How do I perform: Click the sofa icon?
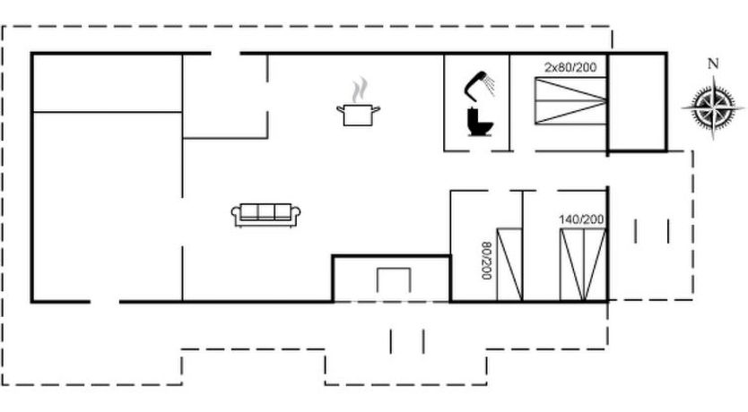(x=265, y=215)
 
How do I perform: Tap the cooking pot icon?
(x=358, y=116)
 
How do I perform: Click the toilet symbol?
(x=480, y=123)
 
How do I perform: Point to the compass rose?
(x=713, y=107)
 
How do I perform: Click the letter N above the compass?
(x=713, y=64)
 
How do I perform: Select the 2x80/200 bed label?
(x=570, y=68)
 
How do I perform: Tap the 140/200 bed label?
(x=581, y=219)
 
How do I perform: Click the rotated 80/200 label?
(x=486, y=261)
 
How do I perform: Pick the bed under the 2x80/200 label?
(x=570, y=101)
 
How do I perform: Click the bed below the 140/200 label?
(x=583, y=265)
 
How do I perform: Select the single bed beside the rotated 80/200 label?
(x=509, y=265)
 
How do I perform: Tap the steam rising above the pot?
(x=361, y=90)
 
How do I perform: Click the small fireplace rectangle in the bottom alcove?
(x=394, y=280)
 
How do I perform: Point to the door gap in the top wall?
(x=226, y=54)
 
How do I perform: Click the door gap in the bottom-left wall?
(x=104, y=302)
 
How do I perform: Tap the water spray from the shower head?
(x=489, y=84)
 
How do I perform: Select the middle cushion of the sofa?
(x=265, y=212)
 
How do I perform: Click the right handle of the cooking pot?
(x=376, y=109)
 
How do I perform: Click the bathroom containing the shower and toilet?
(x=476, y=103)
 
